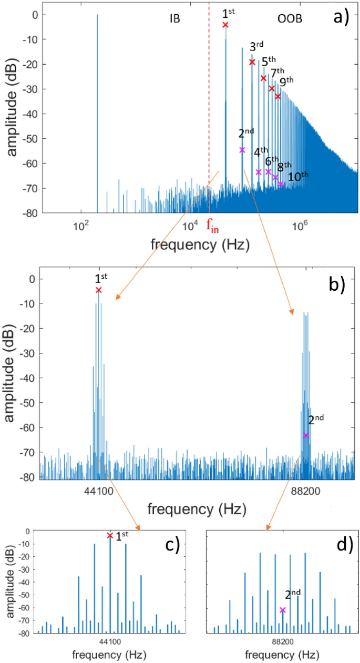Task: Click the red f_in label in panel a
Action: (212, 227)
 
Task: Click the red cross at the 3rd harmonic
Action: (252, 62)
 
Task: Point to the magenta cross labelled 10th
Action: (281, 185)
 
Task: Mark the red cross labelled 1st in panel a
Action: (225, 25)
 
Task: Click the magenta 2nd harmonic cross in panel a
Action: (242, 150)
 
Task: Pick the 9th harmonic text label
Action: (286, 82)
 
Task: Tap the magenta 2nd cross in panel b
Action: (306, 435)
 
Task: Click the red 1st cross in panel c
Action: (110, 535)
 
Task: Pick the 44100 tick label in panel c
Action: (109, 642)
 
